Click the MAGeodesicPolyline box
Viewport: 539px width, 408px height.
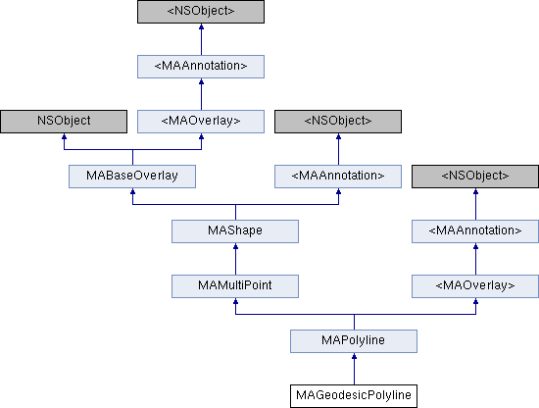coord(354,395)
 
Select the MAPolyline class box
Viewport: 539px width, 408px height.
coord(354,340)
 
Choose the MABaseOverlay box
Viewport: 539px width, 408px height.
coord(132,176)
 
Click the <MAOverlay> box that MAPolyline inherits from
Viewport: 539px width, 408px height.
coord(475,285)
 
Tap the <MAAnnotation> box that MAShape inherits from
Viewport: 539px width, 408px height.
coord(338,176)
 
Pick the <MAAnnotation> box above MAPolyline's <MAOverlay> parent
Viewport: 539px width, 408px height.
coord(475,230)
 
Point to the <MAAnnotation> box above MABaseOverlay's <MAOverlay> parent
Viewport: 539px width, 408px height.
coord(201,66)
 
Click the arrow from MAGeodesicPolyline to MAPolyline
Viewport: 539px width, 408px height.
coord(354,368)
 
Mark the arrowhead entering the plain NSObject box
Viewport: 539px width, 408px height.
coord(64,138)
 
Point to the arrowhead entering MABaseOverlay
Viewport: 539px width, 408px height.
coord(132,193)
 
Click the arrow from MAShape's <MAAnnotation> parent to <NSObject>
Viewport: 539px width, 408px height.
coord(338,148)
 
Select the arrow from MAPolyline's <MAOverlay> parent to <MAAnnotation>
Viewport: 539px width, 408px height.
coord(475,258)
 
